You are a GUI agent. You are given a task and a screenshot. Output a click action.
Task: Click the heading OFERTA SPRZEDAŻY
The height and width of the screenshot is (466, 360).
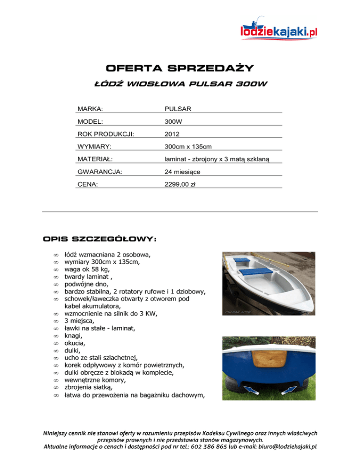click(x=180, y=68)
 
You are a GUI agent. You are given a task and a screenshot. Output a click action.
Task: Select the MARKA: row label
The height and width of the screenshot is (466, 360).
click(x=90, y=109)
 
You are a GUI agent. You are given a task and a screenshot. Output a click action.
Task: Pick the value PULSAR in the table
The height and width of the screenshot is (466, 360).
click(x=178, y=109)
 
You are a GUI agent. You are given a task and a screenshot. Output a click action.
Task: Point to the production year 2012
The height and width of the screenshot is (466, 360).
click(x=172, y=134)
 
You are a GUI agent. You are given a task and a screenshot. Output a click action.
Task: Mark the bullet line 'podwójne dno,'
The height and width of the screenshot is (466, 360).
click(x=86, y=284)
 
